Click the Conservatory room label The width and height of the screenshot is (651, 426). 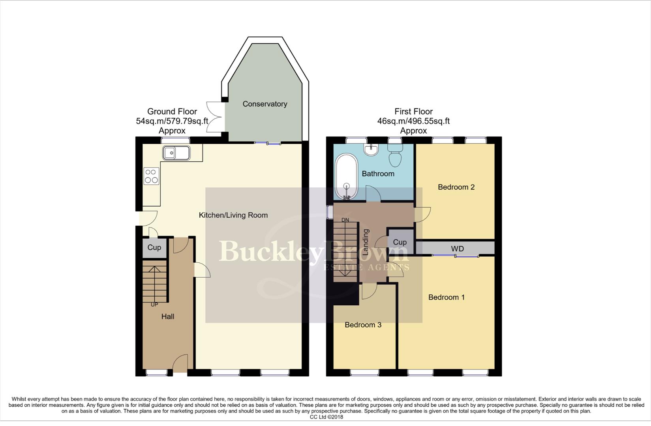click(265, 104)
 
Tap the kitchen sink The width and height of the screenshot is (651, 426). click(176, 153)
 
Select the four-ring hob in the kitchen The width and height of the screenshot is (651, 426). click(152, 176)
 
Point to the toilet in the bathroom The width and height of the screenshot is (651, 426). click(395, 155)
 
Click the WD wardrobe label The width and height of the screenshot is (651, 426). click(457, 248)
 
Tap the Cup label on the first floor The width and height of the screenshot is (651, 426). click(400, 242)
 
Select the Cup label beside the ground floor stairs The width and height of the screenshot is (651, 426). click(154, 247)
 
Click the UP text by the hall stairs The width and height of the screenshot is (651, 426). click(154, 305)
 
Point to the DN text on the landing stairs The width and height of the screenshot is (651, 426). click(345, 220)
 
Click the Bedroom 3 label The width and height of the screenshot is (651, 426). click(363, 325)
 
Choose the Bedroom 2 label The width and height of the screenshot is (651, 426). click(456, 187)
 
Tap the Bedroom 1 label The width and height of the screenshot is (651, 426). click(446, 297)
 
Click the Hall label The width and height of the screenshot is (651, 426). click(168, 316)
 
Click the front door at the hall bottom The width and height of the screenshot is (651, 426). click(180, 364)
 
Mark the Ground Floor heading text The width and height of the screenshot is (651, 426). click(172, 112)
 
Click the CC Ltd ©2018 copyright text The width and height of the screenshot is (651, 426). click(326, 417)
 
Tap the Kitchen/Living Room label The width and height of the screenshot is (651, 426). click(233, 215)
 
